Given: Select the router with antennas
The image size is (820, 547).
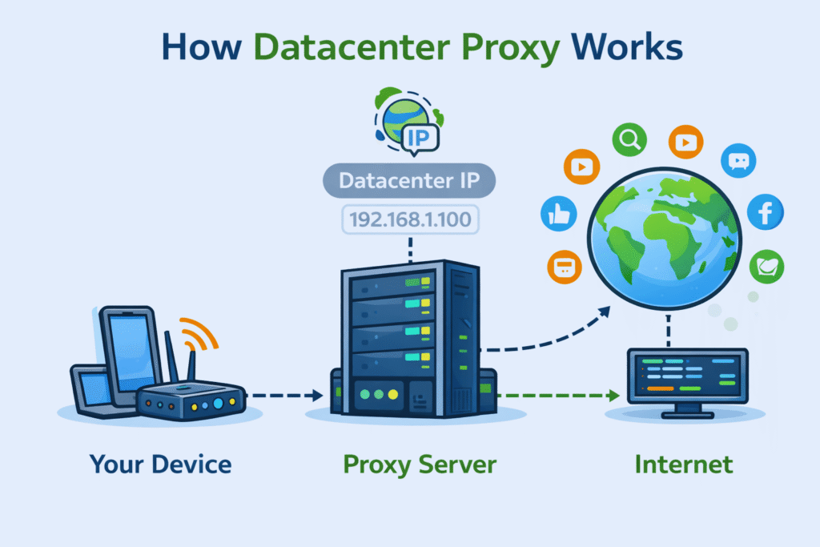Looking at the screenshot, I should point(191,397).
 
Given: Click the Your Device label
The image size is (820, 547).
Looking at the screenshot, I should point(160,464).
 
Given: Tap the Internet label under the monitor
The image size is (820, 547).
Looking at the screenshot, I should point(683,464).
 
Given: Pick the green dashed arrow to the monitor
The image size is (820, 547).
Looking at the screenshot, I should point(561,395).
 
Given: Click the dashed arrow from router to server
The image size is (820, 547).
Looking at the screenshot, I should point(285,395).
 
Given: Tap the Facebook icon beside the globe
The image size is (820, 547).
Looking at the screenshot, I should point(765,214).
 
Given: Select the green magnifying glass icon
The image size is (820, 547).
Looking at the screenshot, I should point(629,141).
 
